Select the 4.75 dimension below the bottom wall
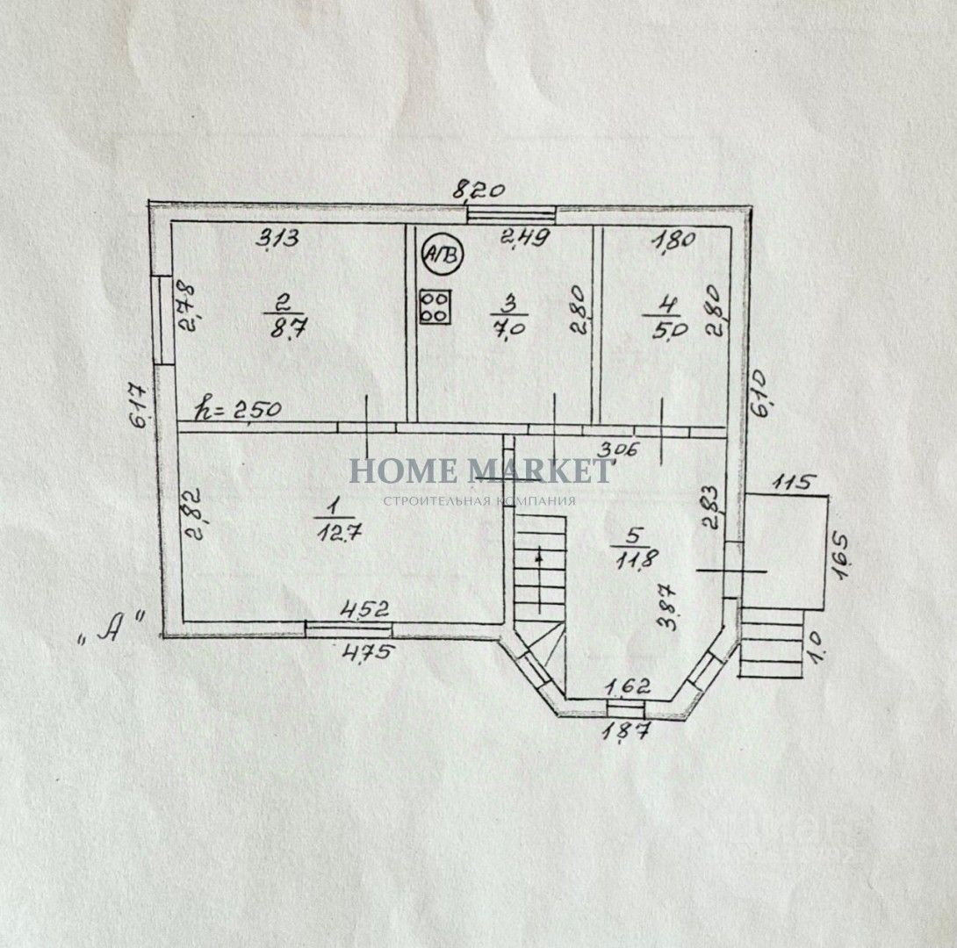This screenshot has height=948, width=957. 371,652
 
